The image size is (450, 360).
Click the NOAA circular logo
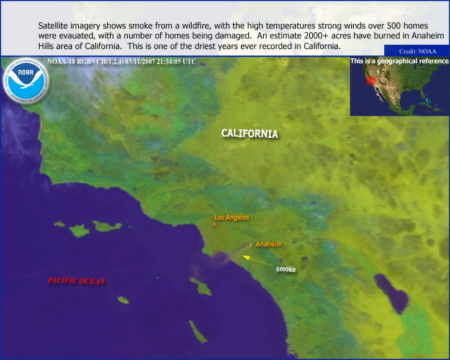point(26,81)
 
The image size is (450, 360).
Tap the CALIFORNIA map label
point(250,134)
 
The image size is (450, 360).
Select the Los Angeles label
point(232,217)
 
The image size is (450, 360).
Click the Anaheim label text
point(269,244)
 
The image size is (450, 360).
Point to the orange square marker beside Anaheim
point(251,245)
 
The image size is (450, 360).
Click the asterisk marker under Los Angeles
point(214,225)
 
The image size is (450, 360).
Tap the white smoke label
point(286,269)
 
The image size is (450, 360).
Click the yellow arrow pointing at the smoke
point(258,261)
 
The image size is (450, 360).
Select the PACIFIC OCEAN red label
point(76,281)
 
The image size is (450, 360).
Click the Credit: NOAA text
point(418,52)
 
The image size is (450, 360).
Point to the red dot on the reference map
point(371,81)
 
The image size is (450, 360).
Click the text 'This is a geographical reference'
point(400,61)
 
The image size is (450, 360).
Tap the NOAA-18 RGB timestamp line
point(122,61)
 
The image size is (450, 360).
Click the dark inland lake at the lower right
point(392,294)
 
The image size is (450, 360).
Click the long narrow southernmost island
point(198,332)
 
